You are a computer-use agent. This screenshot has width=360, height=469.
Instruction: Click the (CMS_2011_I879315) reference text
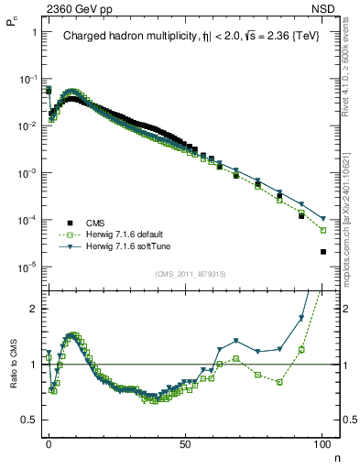coord(185,274)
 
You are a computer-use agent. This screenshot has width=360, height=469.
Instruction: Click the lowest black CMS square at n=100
coord(322,252)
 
